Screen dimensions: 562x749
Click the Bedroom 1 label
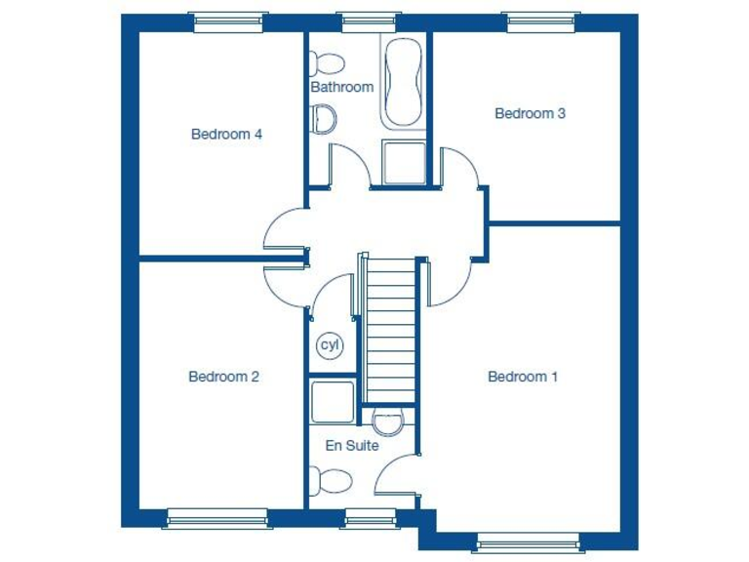click(523, 377)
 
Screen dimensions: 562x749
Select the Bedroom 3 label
click(530, 113)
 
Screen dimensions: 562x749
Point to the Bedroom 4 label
click(226, 135)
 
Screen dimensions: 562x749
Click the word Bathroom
click(341, 87)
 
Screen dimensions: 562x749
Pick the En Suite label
click(352, 446)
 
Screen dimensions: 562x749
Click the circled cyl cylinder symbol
click(330, 345)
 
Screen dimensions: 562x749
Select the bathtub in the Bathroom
click(401, 84)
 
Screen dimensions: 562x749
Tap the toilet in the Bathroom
click(325, 63)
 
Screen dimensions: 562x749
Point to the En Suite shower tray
click(332, 400)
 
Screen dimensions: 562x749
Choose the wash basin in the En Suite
click(387, 421)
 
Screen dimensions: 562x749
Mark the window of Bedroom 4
click(229, 21)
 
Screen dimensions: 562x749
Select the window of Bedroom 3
click(542, 21)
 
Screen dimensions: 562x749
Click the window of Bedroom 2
click(217, 517)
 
